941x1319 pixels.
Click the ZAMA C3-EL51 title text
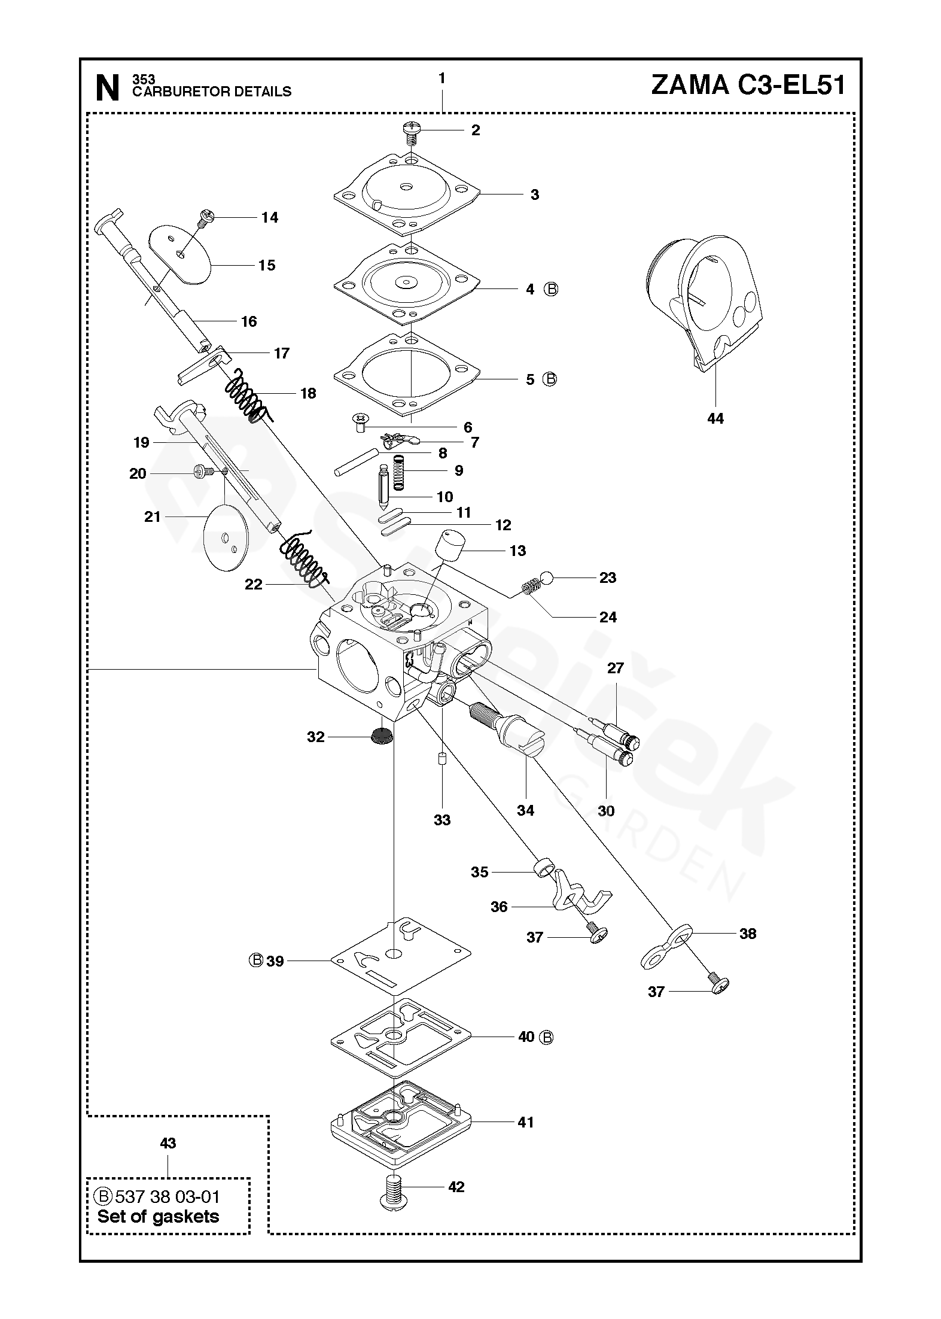click(x=748, y=86)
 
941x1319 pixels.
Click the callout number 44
click(x=715, y=419)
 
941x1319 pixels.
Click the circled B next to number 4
click(x=551, y=289)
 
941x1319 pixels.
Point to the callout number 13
click(x=517, y=551)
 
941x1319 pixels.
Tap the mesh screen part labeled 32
click(x=382, y=736)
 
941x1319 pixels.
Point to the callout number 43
click(x=168, y=1143)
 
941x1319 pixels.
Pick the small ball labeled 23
click(x=546, y=578)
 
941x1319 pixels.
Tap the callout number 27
click(x=616, y=668)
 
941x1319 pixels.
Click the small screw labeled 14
click(x=205, y=217)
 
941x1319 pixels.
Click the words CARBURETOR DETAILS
click(x=212, y=92)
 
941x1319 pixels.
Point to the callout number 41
click(x=525, y=1122)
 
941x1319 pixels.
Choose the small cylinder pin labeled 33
click(x=442, y=758)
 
